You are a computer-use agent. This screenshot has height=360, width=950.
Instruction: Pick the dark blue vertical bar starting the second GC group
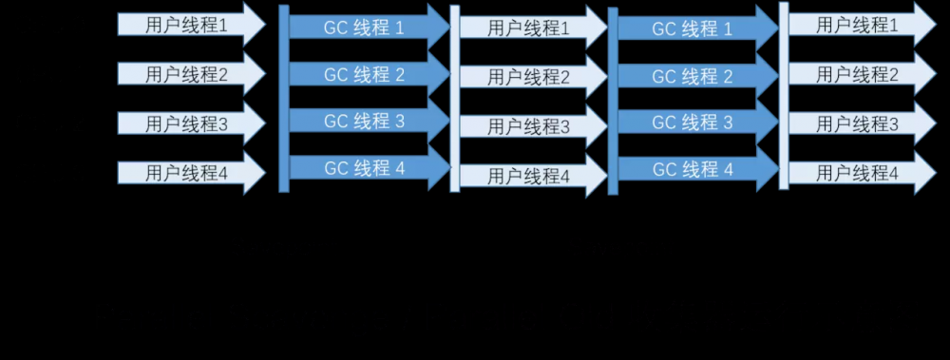pyautogui.click(x=613, y=100)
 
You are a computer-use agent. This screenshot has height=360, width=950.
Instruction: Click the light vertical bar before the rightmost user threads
pyautogui.click(x=784, y=95)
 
